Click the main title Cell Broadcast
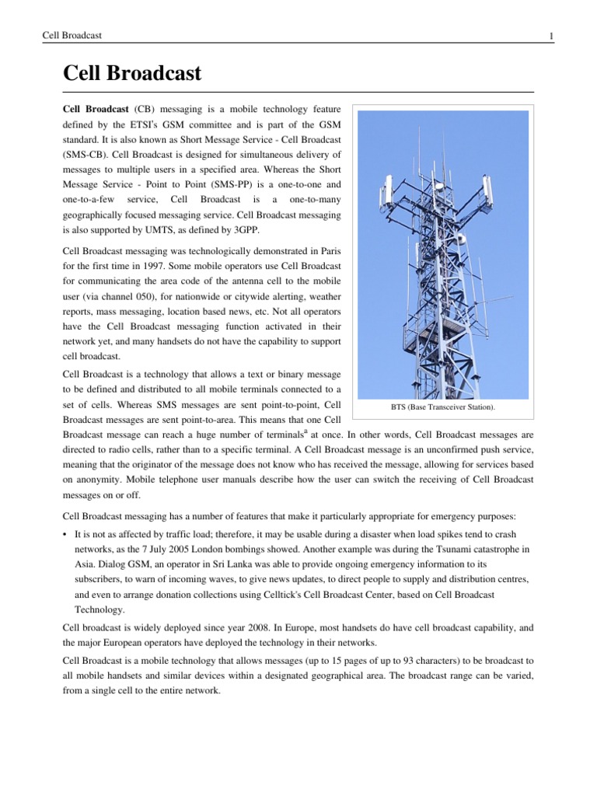coord(132,74)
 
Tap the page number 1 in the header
coord(551,36)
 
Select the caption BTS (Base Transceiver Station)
coord(442,407)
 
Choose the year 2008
coord(229,628)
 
